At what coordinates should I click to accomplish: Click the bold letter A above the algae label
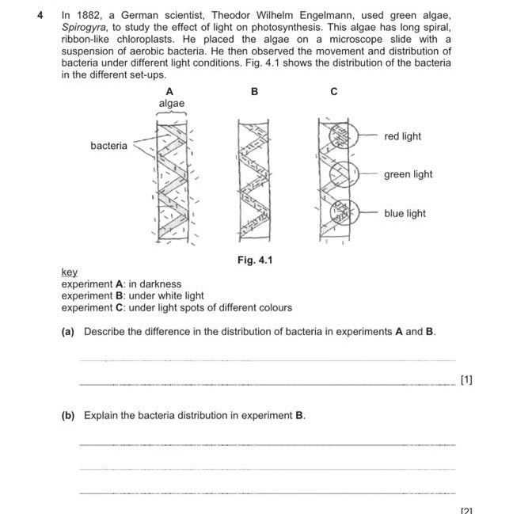point(169,92)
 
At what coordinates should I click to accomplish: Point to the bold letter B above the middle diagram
point(254,92)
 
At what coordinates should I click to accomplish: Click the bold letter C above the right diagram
point(334,92)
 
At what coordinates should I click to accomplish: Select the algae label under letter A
point(171,104)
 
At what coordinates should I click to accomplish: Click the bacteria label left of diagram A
point(108,146)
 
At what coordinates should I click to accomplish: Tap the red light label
point(402,136)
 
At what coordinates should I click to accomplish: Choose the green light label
point(408,174)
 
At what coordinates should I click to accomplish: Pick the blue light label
point(405,213)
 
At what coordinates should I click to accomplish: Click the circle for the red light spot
point(342,136)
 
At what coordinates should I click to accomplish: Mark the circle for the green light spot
point(342,174)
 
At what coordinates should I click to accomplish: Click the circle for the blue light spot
point(343,212)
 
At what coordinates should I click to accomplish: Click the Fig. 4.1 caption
point(254,259)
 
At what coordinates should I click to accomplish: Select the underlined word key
point(70,272)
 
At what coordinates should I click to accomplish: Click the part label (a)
point(68,331)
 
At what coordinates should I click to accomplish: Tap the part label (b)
point(68,415)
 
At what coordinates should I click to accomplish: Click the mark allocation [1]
point(466,380)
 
